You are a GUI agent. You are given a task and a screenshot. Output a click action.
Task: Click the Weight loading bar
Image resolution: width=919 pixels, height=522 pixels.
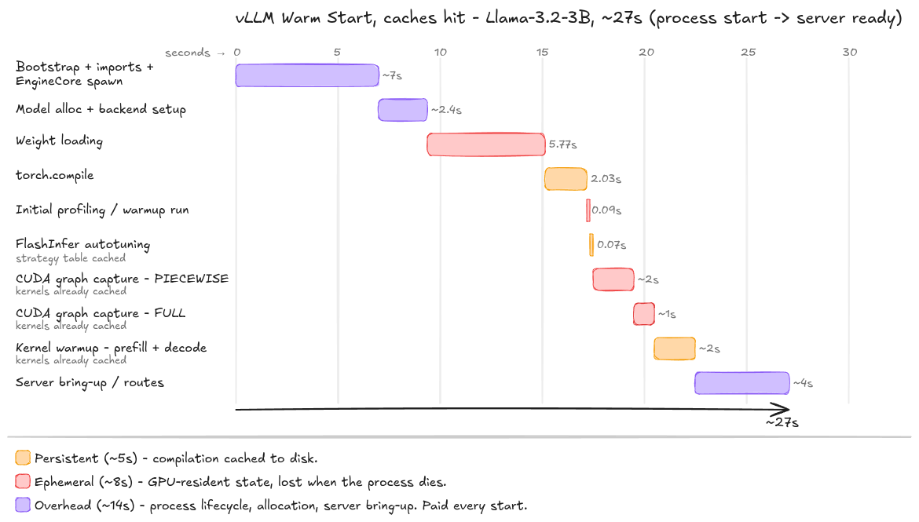(486, 144)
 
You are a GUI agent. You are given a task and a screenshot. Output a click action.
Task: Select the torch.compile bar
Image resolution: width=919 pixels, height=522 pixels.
(566, 179)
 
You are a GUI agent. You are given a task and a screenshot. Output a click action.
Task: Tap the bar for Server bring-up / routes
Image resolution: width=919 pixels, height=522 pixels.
(742, 383)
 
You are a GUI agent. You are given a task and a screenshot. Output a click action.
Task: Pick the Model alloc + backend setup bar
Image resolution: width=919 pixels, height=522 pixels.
(403, 110)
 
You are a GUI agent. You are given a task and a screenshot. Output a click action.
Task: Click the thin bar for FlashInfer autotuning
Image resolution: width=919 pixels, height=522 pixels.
(591, 245)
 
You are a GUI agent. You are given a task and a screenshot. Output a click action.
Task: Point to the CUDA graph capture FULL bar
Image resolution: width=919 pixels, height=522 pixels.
(643, 314)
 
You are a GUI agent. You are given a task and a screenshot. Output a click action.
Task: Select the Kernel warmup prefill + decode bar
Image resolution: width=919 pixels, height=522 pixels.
(675, 349)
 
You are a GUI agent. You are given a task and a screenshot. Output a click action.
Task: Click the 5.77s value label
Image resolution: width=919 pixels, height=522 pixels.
(562, 144)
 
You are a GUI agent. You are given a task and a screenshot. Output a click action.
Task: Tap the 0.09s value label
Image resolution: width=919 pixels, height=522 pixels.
(606, 210)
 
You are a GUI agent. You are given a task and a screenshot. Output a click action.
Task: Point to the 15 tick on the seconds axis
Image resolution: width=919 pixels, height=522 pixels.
(542, 52)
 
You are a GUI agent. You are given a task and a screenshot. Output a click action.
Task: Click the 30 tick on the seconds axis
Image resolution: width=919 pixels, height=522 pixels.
(850, 52)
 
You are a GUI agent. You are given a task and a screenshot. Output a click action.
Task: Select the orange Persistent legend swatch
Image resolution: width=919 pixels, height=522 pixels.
(23, 458)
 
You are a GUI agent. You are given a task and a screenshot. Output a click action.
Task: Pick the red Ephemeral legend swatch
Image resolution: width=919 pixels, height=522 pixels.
(23, 482)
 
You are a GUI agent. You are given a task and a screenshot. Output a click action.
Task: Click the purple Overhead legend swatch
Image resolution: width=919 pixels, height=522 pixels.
(23, 505)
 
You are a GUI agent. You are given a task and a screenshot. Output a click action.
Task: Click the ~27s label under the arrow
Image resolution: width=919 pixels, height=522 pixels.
(782, 422)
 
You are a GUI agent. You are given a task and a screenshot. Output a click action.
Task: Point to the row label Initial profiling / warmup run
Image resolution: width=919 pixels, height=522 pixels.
(102, 210)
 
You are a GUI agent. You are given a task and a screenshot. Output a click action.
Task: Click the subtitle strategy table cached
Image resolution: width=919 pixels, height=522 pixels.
(71, 258)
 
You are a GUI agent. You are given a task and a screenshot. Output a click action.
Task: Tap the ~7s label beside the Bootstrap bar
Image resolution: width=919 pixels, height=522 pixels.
(392, 75)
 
